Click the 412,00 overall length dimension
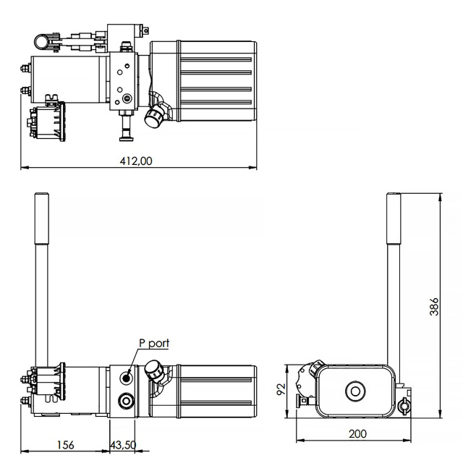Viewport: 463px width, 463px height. [x=136, y=161]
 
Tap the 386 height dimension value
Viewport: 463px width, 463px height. [x=434, y=307]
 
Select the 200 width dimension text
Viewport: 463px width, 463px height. [x=357, y=434]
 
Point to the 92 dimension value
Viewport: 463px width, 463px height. [x=281, y=389]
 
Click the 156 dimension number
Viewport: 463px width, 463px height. [x=66, y=445]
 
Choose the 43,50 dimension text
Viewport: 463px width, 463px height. [x=124, y=445]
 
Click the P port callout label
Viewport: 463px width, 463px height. [x=154, y=344]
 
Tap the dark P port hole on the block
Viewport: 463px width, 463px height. [x=127, y=378]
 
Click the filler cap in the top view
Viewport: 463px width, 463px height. [x=153, y=118]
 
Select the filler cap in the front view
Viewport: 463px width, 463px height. [x=153, y=369]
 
